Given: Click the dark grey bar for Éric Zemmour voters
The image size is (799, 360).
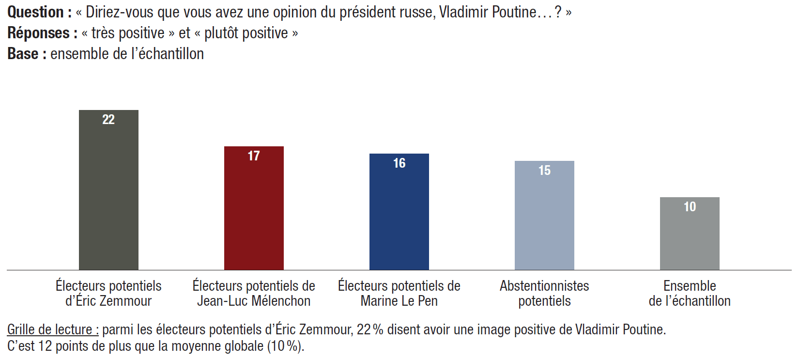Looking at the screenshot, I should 108,194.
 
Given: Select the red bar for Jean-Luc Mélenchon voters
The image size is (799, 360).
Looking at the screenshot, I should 254,213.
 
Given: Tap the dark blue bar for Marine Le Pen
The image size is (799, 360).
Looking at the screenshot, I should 399,216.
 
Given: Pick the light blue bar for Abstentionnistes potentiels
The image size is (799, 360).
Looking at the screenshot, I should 544,220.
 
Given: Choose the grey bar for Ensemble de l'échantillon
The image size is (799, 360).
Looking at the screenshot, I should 690,237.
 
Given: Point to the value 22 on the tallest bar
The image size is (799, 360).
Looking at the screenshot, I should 108,120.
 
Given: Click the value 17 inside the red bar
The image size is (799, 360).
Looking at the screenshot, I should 254,156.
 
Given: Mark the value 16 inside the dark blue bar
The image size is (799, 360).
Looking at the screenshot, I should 399,163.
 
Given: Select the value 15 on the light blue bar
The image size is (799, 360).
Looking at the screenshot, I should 544,171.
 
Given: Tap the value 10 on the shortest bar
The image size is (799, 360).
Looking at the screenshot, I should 690,207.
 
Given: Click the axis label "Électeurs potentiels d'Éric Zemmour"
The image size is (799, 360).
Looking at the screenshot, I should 108,293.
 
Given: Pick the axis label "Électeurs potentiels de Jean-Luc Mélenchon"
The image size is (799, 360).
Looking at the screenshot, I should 254,293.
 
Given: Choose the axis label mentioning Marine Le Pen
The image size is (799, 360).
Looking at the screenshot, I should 399,293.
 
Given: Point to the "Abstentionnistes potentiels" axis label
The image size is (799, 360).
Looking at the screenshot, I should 544,293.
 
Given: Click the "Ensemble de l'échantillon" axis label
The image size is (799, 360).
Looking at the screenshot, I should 690,293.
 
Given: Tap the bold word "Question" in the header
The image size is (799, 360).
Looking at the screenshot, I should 36,12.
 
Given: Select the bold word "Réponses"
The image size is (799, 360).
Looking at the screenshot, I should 39,33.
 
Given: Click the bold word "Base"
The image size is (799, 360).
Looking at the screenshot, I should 23,54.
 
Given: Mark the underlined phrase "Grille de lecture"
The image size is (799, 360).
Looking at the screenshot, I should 52,329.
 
